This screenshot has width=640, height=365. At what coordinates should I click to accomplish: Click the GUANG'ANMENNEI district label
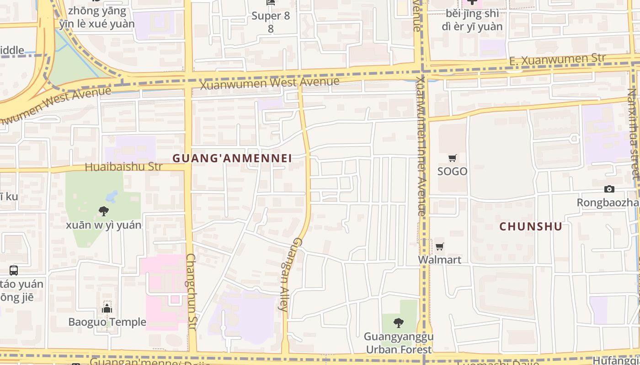[232, 158]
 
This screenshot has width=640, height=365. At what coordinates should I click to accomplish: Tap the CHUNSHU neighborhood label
[530, 226]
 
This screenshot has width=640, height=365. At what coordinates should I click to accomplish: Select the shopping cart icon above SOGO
[453, 158]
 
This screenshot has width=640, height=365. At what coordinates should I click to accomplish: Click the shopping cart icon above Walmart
[440, 247]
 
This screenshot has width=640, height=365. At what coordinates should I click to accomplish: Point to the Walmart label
[440, 260]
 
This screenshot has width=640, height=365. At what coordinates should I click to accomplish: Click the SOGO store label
[453, 171]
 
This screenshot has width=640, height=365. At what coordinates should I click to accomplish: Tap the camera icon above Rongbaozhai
[609, 189]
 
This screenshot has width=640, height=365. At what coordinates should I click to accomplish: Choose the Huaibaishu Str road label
[123, 167]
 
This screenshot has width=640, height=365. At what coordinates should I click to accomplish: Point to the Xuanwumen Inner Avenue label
[421, 146]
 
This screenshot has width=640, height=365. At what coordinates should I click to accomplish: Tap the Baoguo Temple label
[107, 322]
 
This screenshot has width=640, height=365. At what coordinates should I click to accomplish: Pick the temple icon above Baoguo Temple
[107, 308]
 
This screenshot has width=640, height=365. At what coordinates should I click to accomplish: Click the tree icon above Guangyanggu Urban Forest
[399, 323]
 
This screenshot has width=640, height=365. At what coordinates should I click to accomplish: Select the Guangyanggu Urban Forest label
[399, 343]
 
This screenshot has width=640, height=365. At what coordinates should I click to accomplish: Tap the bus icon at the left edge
[14, 270]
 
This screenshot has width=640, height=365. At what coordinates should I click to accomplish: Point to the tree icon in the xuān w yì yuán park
[104, 211]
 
